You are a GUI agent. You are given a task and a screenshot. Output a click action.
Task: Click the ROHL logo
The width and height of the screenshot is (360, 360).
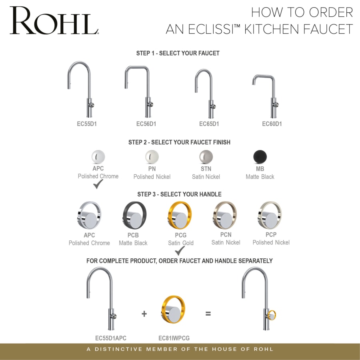click(x=54, y=20)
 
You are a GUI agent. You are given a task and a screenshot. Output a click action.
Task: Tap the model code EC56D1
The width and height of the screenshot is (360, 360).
click(x=146, y=124)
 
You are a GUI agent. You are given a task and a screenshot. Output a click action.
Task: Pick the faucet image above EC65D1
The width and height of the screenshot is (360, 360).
click(x=206, y=94)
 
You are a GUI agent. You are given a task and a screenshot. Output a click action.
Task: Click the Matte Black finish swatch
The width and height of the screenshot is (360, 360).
click(x=260, y=156)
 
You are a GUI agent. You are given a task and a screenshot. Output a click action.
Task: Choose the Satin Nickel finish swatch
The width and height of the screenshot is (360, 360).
click(x=206, y=157)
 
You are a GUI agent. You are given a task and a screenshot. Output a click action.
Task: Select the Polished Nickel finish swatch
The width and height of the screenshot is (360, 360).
click(x=152, y=156)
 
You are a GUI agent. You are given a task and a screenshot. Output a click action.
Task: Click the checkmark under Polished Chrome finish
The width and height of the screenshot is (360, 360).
click(x=98, y=184)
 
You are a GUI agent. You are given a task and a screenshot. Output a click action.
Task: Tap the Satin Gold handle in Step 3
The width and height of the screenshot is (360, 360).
click(x=179, y=215)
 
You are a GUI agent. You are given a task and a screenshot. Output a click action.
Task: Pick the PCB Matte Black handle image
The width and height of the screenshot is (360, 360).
click(x=134, y=215)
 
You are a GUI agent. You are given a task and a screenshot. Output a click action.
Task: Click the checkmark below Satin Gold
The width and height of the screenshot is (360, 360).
click(x=180, y=251)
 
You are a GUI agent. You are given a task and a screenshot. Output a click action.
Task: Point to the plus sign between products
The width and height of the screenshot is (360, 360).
click(x=144, y=314)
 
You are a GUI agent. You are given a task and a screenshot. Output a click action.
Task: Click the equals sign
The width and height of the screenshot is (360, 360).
click(x=208, y=314)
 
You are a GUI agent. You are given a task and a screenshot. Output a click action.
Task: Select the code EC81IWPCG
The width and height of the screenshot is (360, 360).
click(x=174, y=338)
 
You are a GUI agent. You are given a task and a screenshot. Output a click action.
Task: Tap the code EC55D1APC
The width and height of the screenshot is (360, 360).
click(x=111, y=338)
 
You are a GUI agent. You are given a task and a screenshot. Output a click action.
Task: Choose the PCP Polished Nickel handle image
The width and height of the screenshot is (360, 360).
click(x=270, y=215)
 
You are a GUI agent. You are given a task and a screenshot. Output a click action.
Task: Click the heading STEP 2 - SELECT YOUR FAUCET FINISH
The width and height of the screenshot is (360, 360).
click(x=179, y=142)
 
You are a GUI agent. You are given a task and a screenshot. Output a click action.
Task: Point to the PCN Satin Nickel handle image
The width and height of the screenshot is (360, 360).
click(x=225, y=215)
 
